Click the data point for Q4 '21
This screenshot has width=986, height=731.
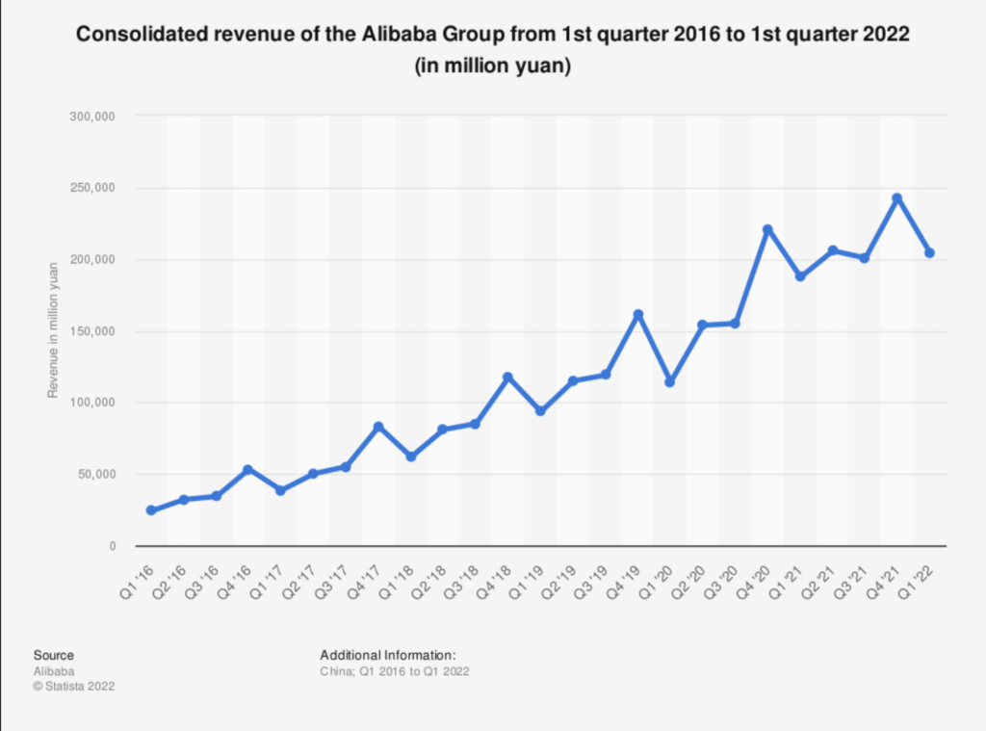[897, 198]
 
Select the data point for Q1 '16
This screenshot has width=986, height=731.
[151, 510]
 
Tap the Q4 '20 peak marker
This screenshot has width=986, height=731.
[767, 229]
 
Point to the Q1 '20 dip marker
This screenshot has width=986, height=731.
[670, 382]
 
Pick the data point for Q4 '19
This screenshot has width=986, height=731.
[637, 315]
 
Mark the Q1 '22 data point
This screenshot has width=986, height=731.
[929, 253]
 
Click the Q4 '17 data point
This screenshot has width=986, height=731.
[378, 427]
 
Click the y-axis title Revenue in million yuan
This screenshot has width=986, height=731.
[54, 330]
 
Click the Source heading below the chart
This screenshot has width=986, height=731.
[53, 655]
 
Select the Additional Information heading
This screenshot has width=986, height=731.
[380, 655]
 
